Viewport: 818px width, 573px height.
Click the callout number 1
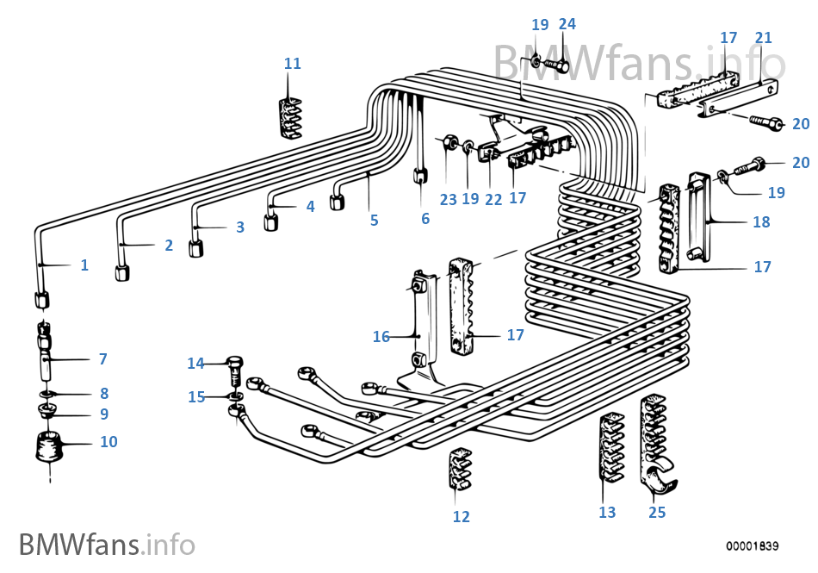84,265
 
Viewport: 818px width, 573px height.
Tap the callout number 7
102,358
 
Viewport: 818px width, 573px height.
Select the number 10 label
108,442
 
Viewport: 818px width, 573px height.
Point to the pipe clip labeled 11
291,117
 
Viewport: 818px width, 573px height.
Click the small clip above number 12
461,470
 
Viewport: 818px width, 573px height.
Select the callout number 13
607,513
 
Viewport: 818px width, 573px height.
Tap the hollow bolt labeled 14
236,370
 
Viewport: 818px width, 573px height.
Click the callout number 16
381,337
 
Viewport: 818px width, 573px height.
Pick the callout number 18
760,222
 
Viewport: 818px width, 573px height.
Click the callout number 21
763,38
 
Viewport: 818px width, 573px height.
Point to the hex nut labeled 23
449,143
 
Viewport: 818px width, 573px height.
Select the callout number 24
567,24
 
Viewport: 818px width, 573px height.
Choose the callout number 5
374,221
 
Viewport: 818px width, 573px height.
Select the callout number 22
493,199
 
